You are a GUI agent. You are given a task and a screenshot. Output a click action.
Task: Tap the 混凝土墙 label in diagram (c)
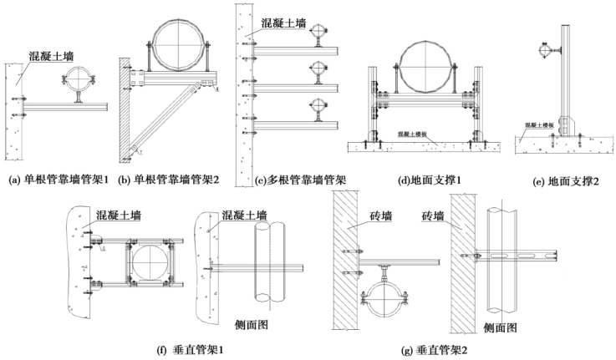point(282,23)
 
